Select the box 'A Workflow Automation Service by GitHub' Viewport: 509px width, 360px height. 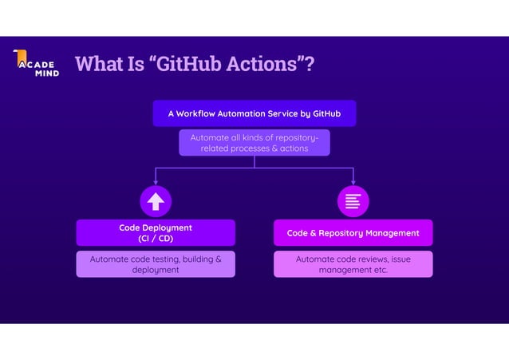(x=254, y=113)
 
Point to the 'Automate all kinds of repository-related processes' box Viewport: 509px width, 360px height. (x=254, y=143)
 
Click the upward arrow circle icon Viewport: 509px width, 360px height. (x=156, y=200)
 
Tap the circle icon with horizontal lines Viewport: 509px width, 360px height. (x=353, y=200)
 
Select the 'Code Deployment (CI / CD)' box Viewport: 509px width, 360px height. (x=156, y=233)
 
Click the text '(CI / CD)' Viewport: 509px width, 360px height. (x=156, y=239)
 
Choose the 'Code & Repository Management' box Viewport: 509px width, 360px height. (x=353, y=233)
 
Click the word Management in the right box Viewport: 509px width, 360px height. (x=391, y=233)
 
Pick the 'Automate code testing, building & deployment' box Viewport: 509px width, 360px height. (x=156, y=264)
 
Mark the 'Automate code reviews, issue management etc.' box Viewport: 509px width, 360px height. (x=353, y=264)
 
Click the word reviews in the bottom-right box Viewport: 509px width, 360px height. (x=368, y=259)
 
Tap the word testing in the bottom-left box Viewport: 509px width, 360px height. (x=163, y=259)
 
